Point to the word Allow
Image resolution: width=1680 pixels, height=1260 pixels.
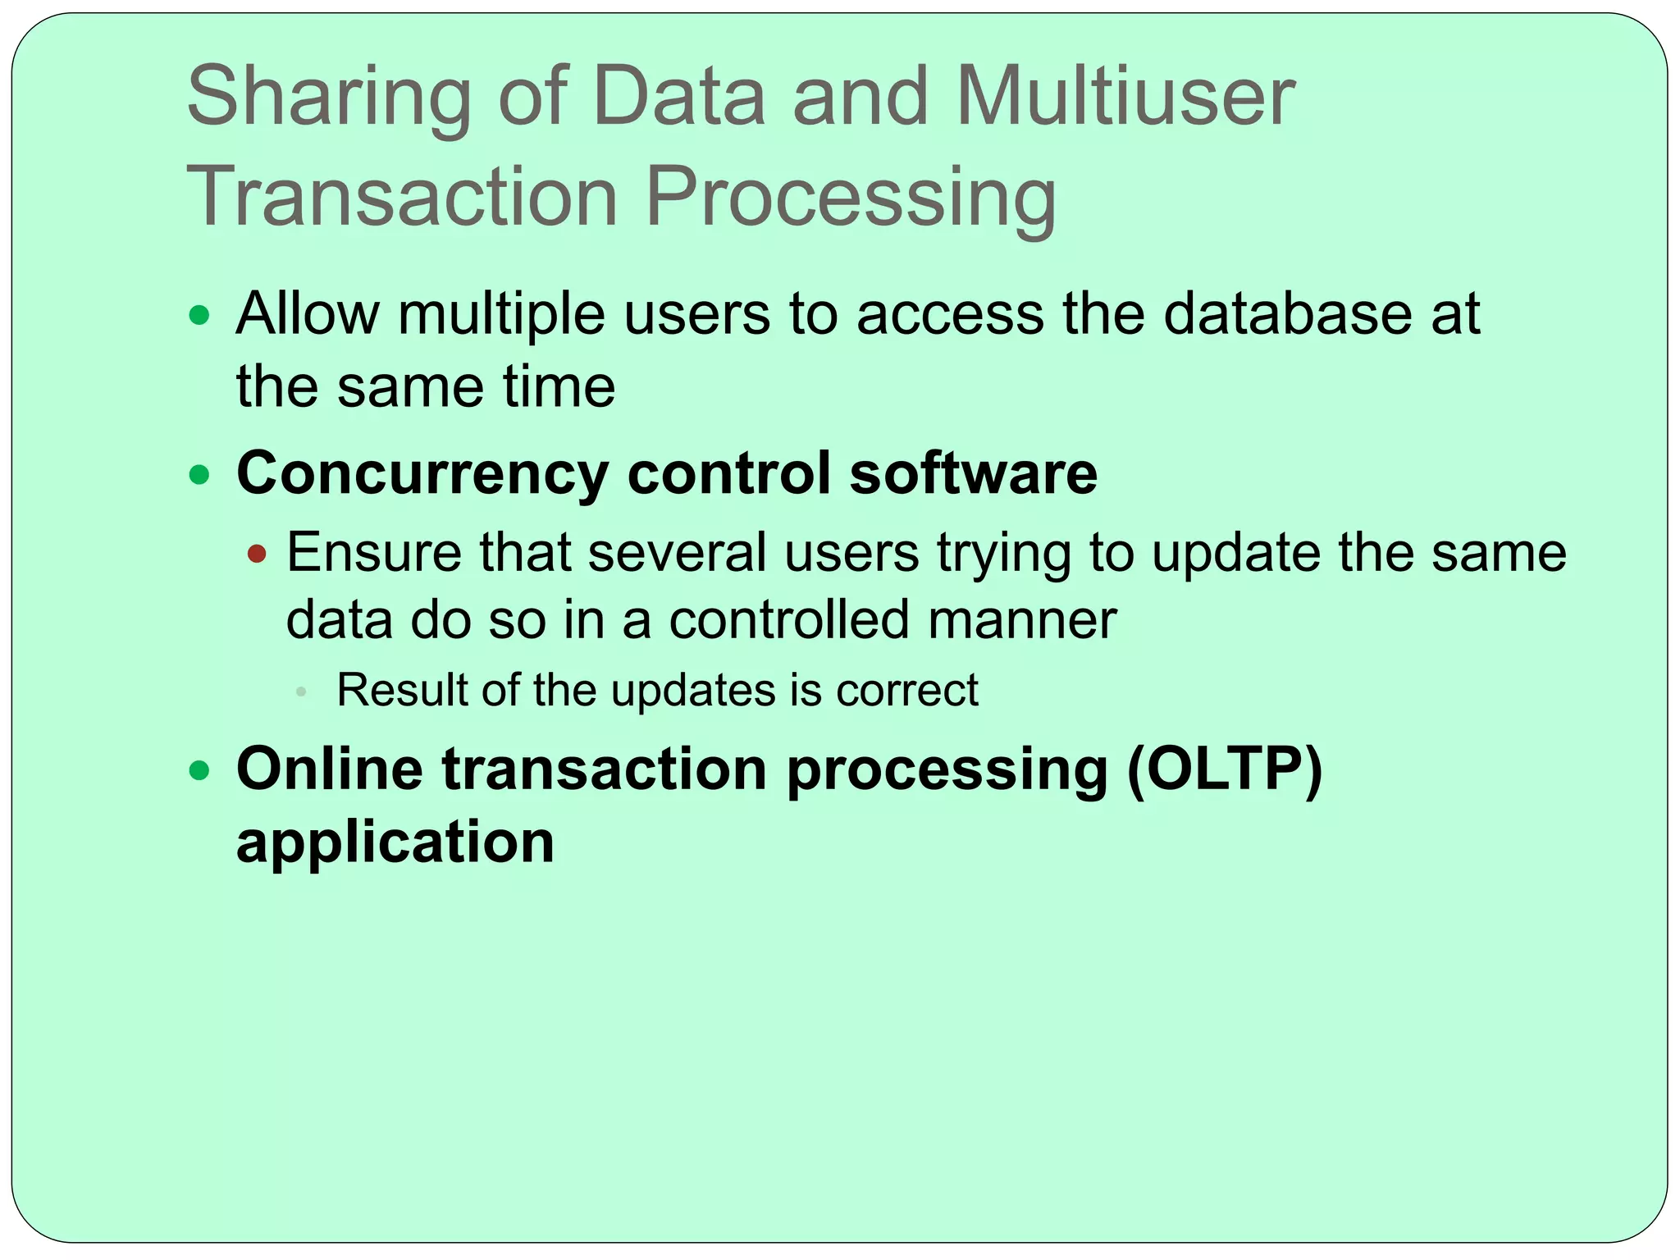click(x=308, y=313)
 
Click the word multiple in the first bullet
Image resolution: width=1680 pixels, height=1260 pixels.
click(x=501, y=315)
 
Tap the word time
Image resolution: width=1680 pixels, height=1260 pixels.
click(x=559, y=386)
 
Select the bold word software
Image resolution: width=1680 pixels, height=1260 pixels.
click(x=973, y=473)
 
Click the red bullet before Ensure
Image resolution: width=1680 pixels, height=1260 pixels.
click(x=257, y=554)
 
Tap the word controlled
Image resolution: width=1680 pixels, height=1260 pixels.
click(x=789, y=619)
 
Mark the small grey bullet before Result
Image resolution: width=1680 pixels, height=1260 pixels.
click(x=301, y=692)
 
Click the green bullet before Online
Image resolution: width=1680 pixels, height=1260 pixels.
click(x=199, y=770)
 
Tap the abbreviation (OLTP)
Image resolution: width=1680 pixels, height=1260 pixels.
click(x=1225, y=770)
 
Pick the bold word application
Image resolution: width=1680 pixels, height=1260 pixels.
click(x=395, y=843)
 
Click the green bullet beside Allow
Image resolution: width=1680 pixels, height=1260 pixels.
click(x=199, y=315)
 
